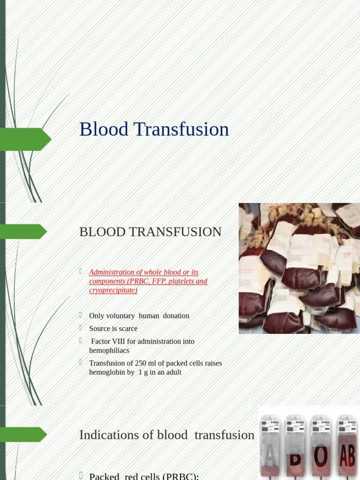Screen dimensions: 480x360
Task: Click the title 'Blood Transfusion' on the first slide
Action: [154, 129]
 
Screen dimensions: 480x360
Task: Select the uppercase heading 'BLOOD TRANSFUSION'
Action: [150, 232]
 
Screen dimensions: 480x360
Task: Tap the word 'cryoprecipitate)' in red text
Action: [113, 291]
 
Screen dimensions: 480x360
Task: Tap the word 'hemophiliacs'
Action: [109, 350]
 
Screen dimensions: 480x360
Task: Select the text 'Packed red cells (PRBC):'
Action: [144, 476]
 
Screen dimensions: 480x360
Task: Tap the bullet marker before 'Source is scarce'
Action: [81, 328]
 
